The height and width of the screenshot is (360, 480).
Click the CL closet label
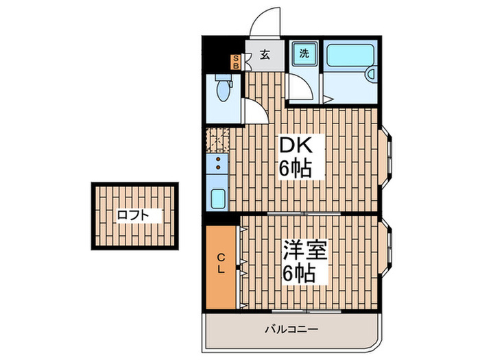click(x=221, y=263)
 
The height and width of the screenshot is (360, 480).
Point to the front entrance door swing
click(x=265, y=24)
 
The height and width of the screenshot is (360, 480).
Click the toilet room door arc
click(x=252, y=110)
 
